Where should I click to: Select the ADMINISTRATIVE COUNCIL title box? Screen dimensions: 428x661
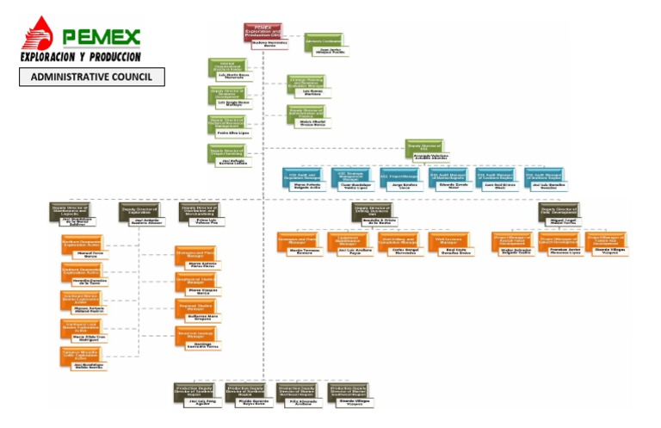[91, 77]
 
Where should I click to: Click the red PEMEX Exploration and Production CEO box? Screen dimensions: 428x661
[269, 32]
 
